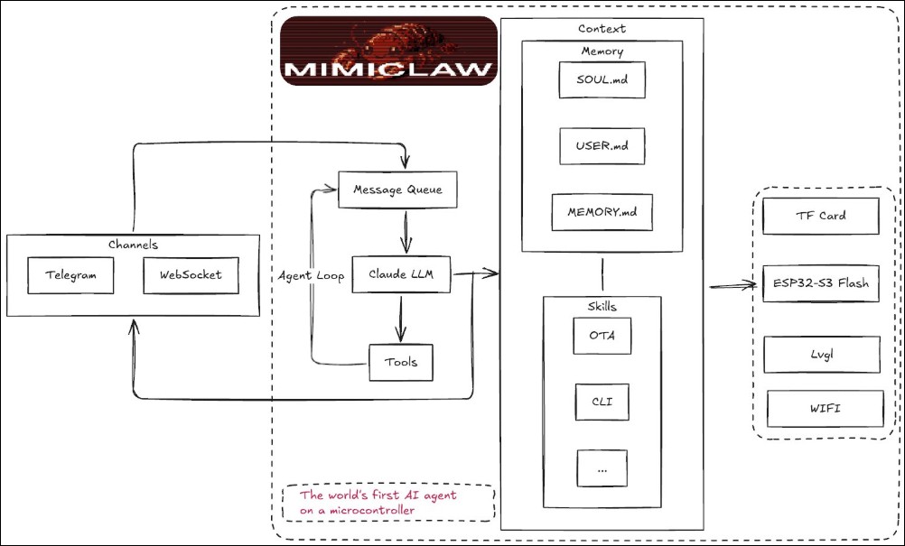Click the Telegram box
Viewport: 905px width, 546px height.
coord(70,275)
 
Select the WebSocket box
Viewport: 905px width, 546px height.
coord(191,275)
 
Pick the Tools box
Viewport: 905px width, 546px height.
coord(401,362)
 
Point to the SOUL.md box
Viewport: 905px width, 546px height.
coord(602,80)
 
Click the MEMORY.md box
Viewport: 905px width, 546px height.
coord(602,213)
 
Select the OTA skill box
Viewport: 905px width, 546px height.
coord(602,336)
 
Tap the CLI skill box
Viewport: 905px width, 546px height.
coord(602,402)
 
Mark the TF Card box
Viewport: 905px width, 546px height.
coord(821,217)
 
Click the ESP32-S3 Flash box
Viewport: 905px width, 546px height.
coord(821,283)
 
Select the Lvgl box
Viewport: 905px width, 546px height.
coord(821,355)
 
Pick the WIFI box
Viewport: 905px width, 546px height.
coord(825,409)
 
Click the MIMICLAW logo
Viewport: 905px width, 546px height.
coord(389,51)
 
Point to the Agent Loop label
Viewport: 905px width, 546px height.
coord(311,276)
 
